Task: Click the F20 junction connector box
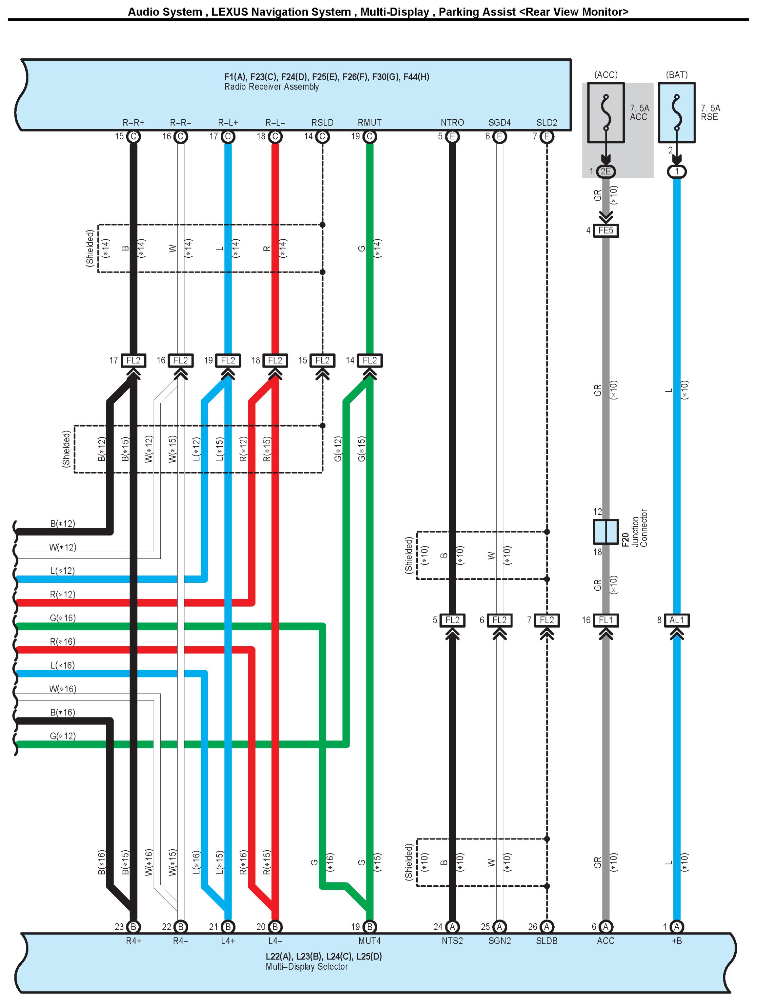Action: pos(605,531)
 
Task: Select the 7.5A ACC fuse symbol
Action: pos(605,113)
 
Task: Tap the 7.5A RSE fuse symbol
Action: pos(676,113)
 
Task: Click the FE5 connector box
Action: pos(605,230)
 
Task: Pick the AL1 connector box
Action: pos(676,620)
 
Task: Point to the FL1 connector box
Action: pos(605,620)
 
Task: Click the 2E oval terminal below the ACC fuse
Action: pos(605,171)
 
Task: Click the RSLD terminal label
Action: pos(322,122)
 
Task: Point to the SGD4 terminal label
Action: pos(499,122)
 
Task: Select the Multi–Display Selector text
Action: pos(306,967)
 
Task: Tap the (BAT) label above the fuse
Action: pos(676,75)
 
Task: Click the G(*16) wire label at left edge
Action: pos(62,618)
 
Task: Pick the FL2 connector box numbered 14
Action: pos(370,360)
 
